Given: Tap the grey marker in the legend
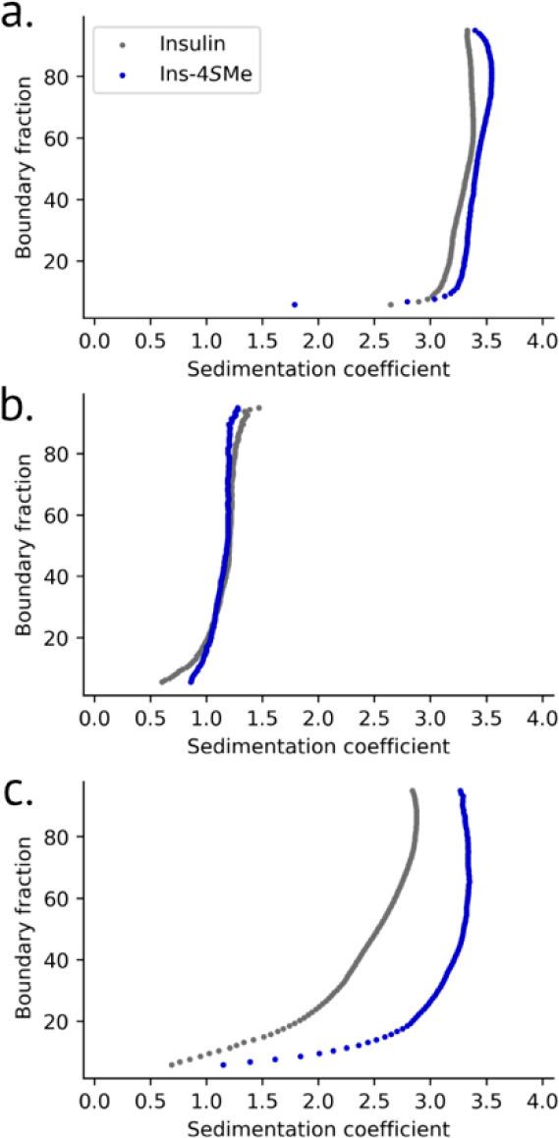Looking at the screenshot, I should point(121,44).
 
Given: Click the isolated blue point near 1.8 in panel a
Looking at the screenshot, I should point(294,304).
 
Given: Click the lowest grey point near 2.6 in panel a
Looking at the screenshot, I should point(390,304).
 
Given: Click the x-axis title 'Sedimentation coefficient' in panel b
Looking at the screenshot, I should point(317,745).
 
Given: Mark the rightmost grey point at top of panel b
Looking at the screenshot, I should point(258,407).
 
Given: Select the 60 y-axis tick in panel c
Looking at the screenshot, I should point(65,898).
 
